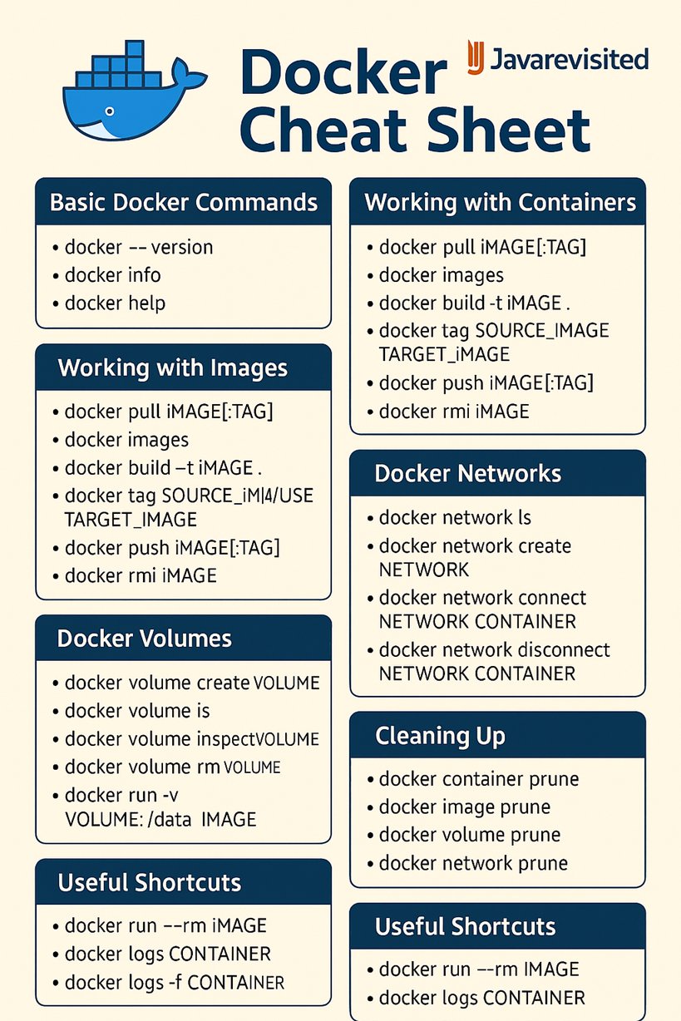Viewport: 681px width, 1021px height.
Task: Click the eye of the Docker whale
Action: click(106, 111)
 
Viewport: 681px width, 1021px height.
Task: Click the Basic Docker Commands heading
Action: click(183, 202)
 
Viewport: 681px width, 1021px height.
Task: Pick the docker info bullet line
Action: click(112, 275)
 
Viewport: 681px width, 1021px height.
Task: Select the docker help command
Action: click(115, 303)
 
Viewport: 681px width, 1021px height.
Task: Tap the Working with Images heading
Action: click(172, 367)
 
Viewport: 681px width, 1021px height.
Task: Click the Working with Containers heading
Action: click(500, 202)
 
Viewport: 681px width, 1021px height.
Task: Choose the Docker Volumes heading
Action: click(144, 639)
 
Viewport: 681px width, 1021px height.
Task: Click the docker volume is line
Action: click(137, 711)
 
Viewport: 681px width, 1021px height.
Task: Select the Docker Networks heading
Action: click(467, 474)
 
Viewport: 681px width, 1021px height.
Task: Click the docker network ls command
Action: click(455, 518)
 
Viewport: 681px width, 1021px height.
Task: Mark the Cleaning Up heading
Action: click(440, 736)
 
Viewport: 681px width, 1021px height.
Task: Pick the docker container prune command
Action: click(478, 780)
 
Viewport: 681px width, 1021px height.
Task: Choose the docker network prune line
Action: click(473, 864)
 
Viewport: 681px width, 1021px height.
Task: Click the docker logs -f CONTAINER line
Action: click(174, 982)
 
